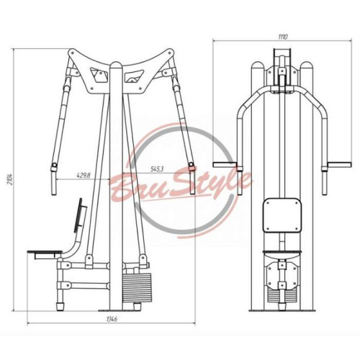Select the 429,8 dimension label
(84, 175)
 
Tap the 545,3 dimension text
(157, 169)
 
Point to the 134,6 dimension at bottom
(111, 319)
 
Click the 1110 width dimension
(283, 37)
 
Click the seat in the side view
(45, 252)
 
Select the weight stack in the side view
(137, 287)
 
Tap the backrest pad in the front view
(282, 215)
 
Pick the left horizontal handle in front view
(225, 164)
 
